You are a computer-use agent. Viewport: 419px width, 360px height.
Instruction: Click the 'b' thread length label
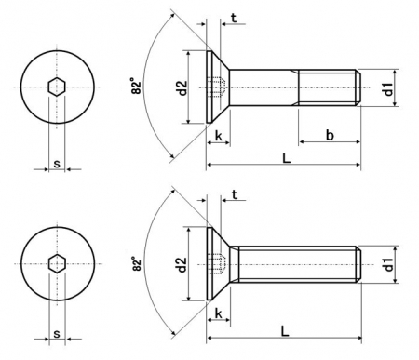point(330,135)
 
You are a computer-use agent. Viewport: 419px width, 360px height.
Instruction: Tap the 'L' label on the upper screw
point(286,158)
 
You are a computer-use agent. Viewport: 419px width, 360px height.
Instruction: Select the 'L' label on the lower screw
point(285,331)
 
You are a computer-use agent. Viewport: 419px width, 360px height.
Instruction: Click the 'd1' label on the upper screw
point(388,88)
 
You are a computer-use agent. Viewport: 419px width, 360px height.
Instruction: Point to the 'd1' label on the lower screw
point(388,264)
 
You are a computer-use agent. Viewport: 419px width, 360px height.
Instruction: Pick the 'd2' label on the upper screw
point(182,87)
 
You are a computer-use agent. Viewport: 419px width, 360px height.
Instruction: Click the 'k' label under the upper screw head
point(219,136)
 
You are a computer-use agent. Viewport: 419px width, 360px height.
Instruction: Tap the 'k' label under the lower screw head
point(219,313)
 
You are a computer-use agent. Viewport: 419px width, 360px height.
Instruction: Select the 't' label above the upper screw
point(234,19)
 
